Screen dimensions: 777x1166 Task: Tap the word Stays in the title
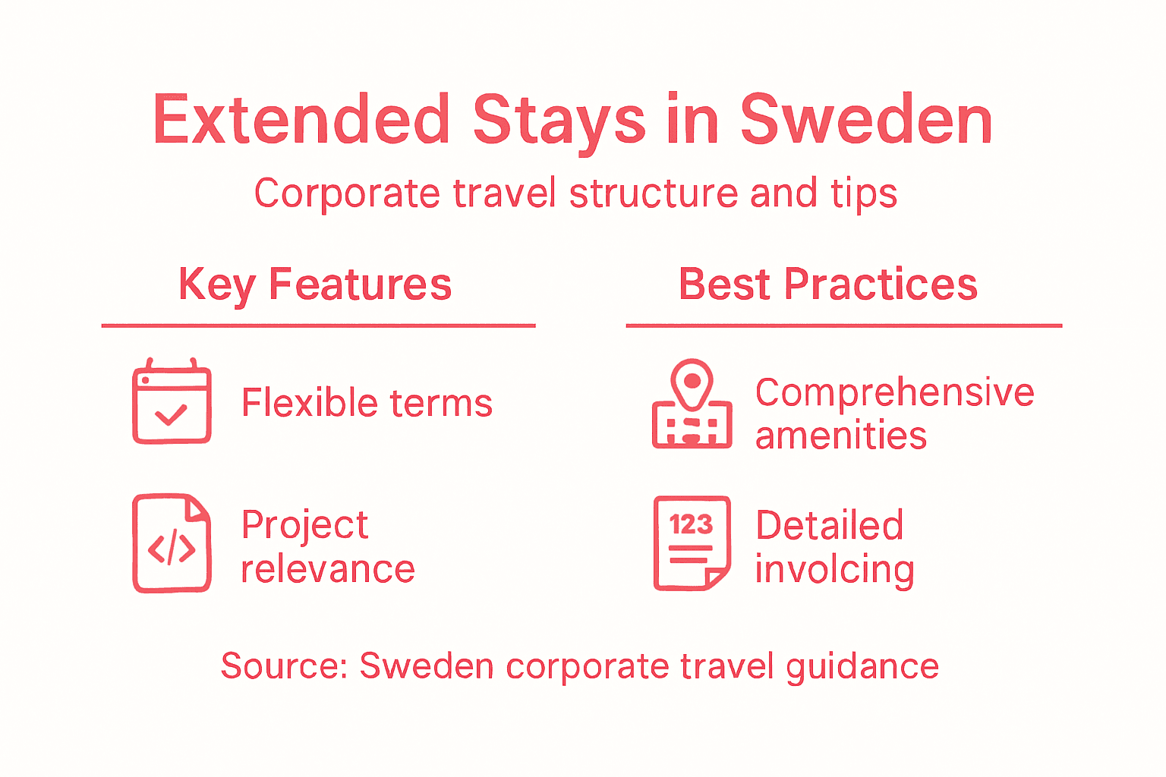point(559,121)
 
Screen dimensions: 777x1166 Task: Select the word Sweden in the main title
point(866,120)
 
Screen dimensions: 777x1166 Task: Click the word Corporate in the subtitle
point(347,193)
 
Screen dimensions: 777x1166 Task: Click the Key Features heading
point(315,285)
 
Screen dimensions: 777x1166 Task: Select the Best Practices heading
point(827,285)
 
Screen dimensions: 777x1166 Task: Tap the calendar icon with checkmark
point(172,402)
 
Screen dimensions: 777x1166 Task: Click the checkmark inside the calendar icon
point(171,415)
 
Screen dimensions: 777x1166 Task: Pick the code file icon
point(172,543)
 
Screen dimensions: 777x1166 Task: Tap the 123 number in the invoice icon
point(691,524)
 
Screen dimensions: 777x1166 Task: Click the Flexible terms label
point(367,403)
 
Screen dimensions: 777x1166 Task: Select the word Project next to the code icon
point(304,525)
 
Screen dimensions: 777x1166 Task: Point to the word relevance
point(327,569)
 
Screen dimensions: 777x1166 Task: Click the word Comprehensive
point(894,393)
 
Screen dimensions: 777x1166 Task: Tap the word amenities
point(841,436)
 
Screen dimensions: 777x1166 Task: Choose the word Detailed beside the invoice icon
point(829,525)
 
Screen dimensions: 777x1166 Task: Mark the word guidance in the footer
point(862,667)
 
